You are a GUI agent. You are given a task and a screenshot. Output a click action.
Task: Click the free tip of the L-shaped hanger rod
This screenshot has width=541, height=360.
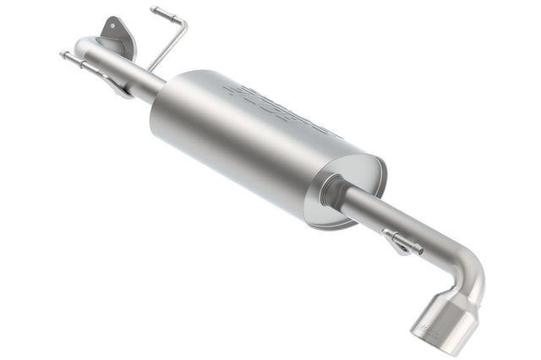[156, 10]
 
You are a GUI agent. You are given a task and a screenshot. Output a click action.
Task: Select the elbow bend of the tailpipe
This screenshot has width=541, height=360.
[470, 270]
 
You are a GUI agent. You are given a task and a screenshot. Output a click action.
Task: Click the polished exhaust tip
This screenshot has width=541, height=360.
[444, 325]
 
